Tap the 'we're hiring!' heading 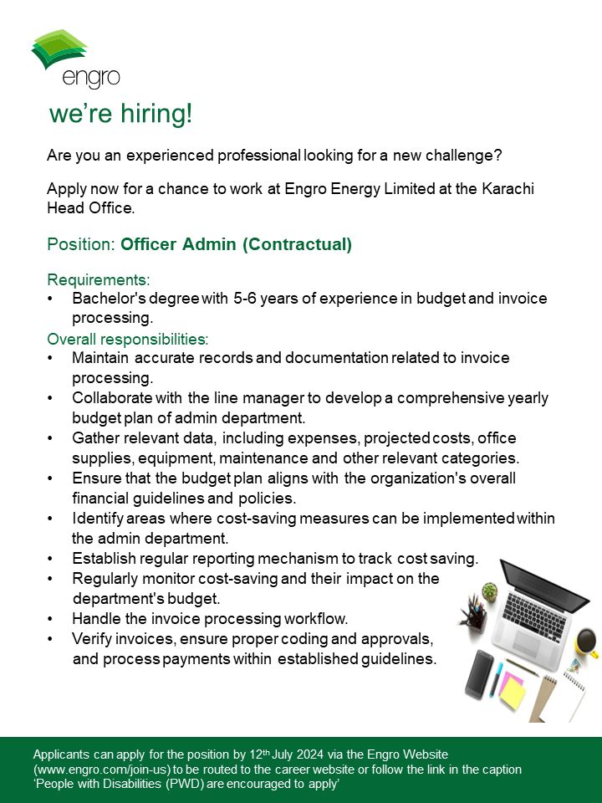[x=120, y=114]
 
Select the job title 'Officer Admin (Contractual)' [x=236, y=244]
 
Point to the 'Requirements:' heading [x=99, y=279]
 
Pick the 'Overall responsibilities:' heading [x=127, y=339]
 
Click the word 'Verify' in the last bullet [x=93, y=639]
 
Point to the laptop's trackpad [x=528, y=642]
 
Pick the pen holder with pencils [x=473, y=617]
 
